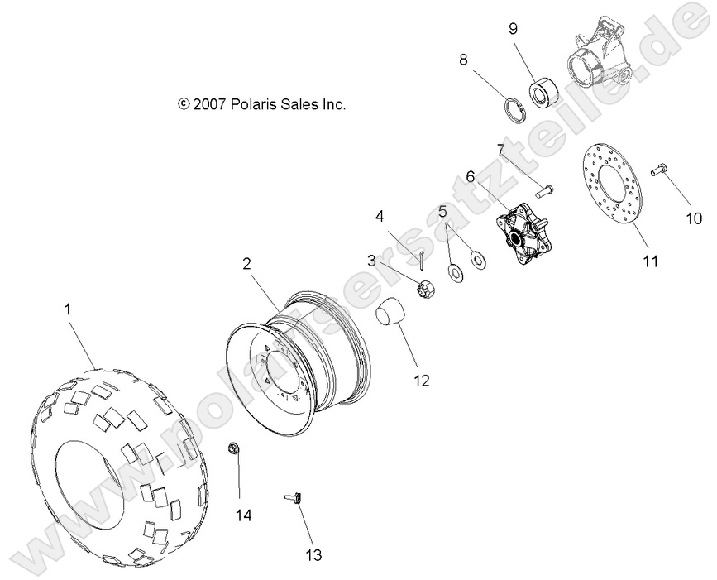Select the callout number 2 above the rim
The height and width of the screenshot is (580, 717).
point(246,264)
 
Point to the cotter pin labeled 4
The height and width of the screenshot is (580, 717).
point(421,260)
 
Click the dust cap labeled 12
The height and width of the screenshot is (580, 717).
point(392,316)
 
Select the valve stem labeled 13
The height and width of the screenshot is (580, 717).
point(294,499)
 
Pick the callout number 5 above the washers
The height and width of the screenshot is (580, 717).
point(442,212)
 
